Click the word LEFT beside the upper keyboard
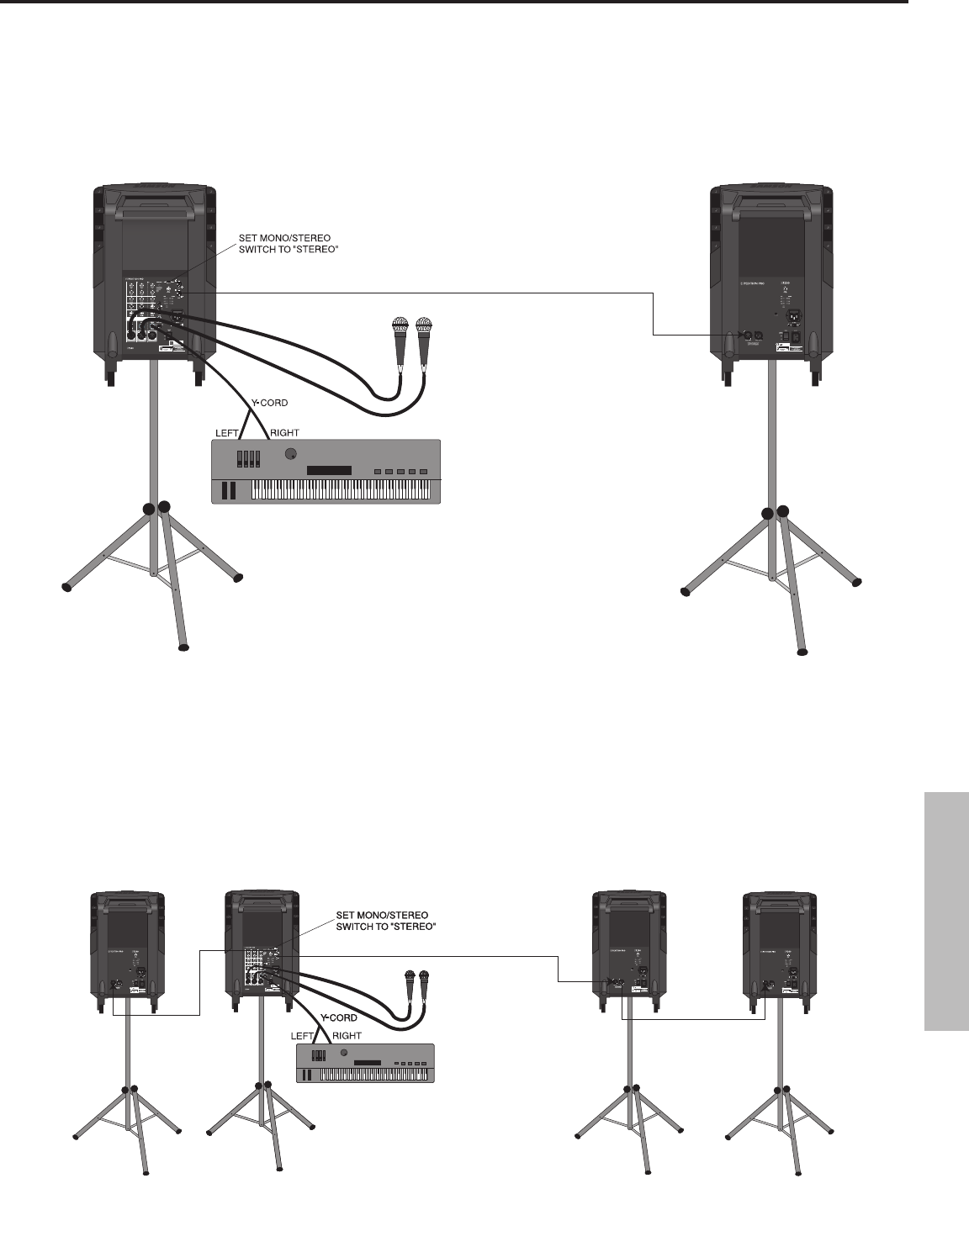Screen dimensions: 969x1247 (228, 432)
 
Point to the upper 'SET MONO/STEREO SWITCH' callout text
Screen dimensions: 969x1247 (284, 244)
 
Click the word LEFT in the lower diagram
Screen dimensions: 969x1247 (303, 1035)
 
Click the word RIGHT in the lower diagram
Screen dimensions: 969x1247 (347, 1035)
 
